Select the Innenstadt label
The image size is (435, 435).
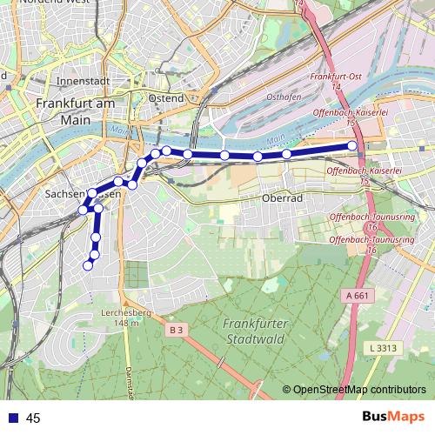coord(82,81)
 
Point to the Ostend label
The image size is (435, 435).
coord(166,98)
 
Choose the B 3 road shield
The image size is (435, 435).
coord(177,329)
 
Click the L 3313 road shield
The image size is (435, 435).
coord(382,348)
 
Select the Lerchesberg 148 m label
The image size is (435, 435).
coord(120,318)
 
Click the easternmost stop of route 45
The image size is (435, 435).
coord(353,146)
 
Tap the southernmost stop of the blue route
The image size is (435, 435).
coord(87,265)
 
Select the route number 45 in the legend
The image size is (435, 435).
coord(34,418)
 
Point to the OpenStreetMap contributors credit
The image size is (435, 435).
coord(358,390)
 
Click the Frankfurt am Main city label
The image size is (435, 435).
coord(76,111)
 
